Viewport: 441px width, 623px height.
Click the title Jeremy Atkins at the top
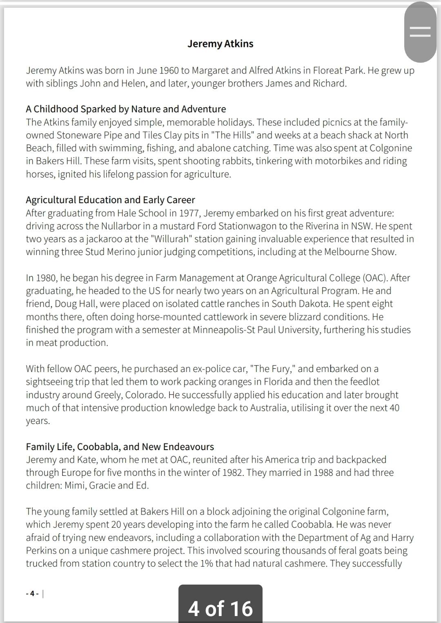click(x=220, y=44)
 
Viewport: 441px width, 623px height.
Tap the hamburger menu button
click(x=420, y=32)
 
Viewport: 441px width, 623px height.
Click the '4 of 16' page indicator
click(x=220, y=608)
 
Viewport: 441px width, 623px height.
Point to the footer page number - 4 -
click(x=32, y=594)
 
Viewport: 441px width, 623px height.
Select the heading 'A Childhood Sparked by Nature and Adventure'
click(x=126, y=109)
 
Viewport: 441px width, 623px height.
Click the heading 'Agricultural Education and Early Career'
click(x=110, y=199)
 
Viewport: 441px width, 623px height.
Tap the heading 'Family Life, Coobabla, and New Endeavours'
click(x=120, y=446)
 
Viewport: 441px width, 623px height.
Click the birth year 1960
click(x=169, y=70)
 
